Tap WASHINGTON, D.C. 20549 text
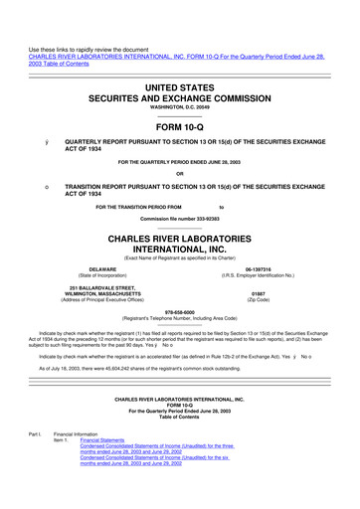pyautogui.click(x=180, y=107)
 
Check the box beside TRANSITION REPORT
pyautogui.click(x=35, y=186)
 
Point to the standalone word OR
pyautogui.click(x=180, y=174)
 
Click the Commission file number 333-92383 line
pyautogui.click(x=180, y=217)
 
